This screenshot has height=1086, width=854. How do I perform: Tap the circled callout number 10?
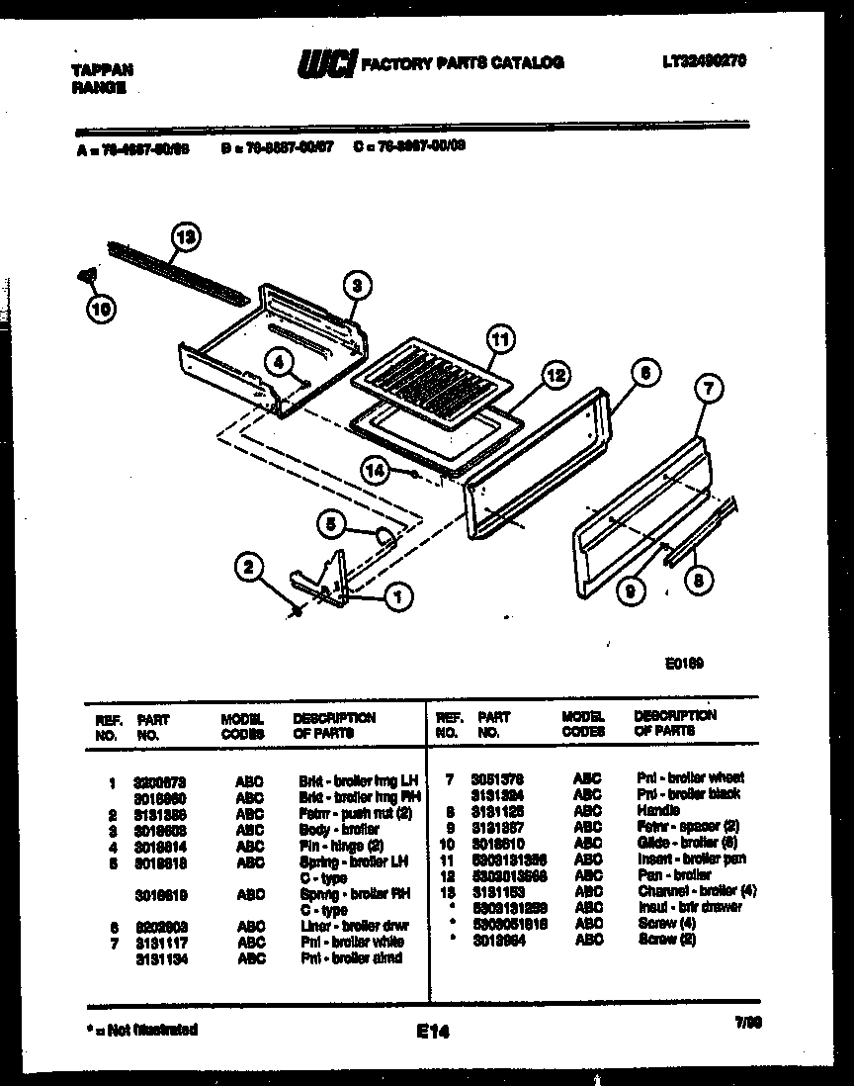click(x=100, y=309)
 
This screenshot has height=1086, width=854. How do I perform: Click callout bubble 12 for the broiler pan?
click(x=555, y=375)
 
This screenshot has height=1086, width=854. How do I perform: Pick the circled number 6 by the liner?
click(x=643, y=374)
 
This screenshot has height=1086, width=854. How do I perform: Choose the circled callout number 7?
click(x=706, y=389)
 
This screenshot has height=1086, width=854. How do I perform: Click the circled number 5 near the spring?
click(x=331, y=524)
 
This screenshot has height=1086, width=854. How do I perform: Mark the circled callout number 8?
click(x=699, y=583)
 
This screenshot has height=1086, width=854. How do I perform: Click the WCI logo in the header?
click(x=326, y=63)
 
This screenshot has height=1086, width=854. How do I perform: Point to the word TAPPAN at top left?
click(x=102, y=70)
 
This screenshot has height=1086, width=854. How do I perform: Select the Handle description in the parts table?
click(x=658, y=810)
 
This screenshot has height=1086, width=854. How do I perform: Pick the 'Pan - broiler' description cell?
click(x=675, y=875)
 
